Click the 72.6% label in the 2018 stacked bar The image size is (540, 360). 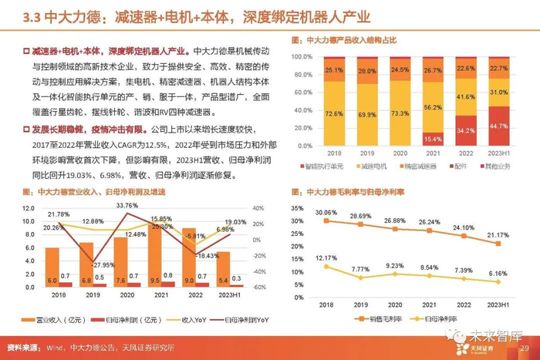tap(333, 114)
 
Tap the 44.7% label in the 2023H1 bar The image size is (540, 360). tap(498, 126)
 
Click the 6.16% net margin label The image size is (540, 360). tap(498, 274)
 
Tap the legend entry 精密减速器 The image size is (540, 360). tap(413, 166)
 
